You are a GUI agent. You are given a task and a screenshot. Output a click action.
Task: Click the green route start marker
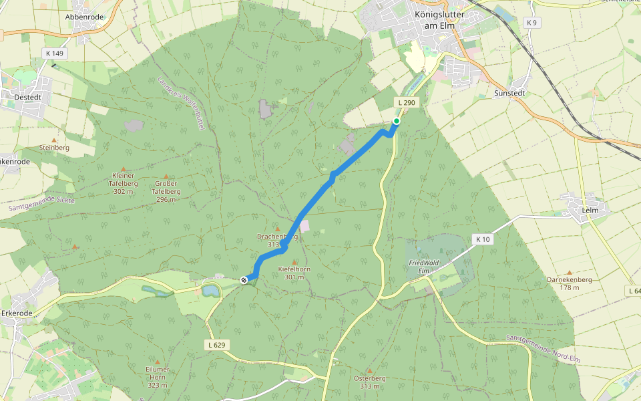click(397, 121)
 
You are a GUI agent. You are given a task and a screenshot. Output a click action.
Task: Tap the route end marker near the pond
click(244, 280)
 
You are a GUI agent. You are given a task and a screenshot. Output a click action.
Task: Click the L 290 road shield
click(406, 102)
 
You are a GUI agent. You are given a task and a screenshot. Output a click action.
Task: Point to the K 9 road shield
click(531, 23)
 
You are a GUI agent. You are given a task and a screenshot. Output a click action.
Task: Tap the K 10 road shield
click(483, 239)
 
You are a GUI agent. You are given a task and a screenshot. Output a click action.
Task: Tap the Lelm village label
click(590, 210)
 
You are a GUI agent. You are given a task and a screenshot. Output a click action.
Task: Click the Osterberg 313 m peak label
click(369, 382)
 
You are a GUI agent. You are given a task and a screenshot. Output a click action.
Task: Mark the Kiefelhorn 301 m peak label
click(294, 273)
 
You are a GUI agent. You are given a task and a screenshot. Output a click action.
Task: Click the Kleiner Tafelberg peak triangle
click(123, 169)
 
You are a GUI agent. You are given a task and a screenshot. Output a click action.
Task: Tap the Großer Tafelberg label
click(166, 187)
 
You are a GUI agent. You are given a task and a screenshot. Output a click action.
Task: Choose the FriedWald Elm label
click(418, 267)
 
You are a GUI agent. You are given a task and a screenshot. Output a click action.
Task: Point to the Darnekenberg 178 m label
click(569, 283)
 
